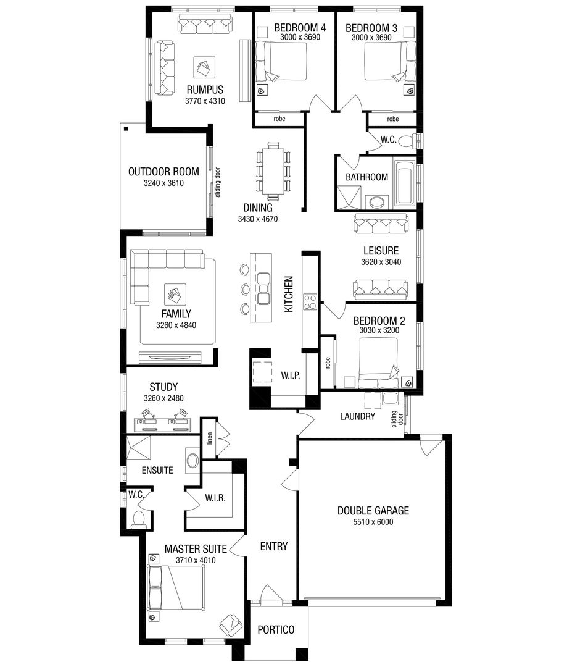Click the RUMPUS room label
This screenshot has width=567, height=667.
click(x=204, y=89)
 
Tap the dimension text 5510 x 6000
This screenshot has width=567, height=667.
click(x=373, y=522)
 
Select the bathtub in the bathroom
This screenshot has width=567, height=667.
click(x=405, y=183)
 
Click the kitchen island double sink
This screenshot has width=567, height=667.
click(x=263, y=289)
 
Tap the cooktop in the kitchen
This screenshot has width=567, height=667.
click(x=310, y=302)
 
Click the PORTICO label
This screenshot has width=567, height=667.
click(x=276, y=630)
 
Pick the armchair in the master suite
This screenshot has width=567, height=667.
click(x=230, y=625)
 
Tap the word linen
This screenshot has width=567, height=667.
click(x=210, y=437)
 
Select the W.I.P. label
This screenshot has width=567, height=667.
click(x=290, y=375)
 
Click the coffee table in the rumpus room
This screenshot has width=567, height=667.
click(x=204, y=66)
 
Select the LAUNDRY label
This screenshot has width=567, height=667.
click(x=357, y=416)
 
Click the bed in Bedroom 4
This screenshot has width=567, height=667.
click(x=281, y=64)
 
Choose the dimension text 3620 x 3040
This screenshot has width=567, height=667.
click(x=380, y=262)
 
